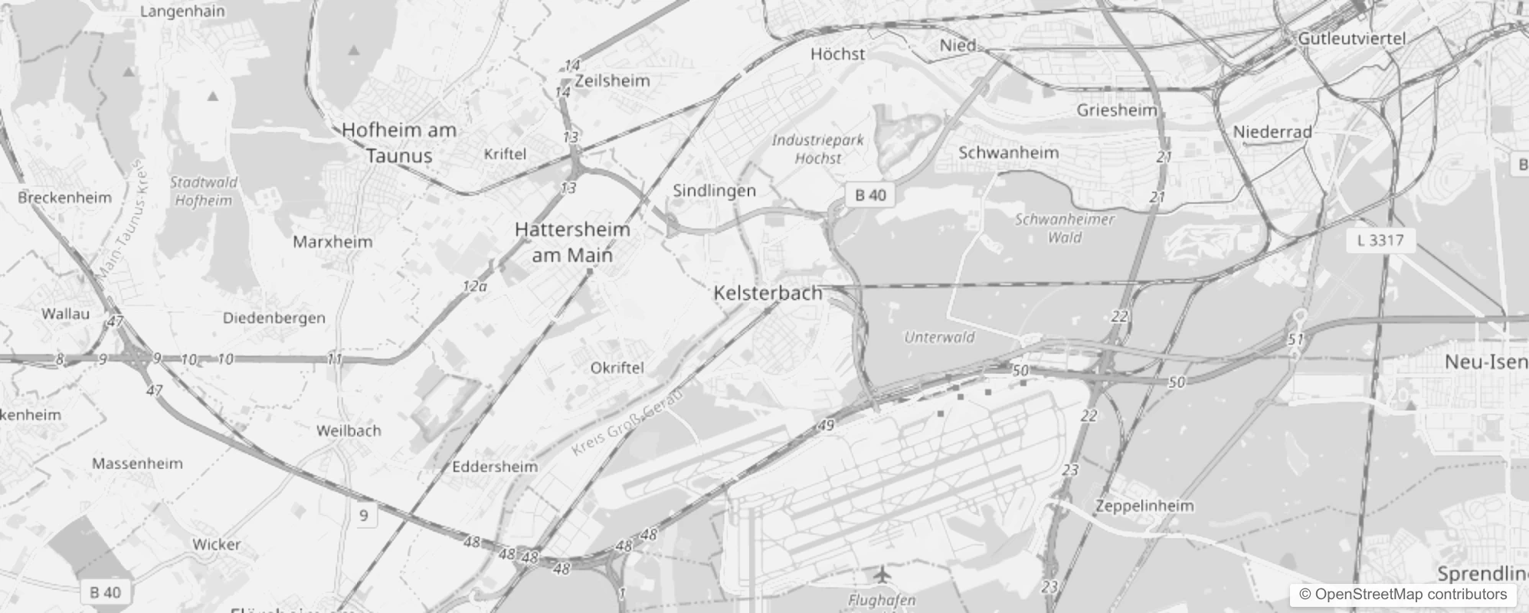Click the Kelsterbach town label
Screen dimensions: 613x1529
click(768, 293)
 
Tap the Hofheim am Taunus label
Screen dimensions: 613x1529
click(399, 143)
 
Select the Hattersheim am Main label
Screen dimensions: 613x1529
click(572, 242)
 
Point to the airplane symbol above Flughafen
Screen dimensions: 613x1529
click(883, 573)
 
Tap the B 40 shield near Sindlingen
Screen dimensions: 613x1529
click(870, 195)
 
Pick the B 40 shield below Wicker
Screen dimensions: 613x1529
click(105, 592)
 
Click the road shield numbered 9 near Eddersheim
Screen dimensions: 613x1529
click(364, 516)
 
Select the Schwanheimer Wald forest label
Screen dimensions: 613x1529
click(1065, 228)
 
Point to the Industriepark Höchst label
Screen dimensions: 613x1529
click(817, 149)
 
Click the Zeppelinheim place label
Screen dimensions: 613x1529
click(1144, 506)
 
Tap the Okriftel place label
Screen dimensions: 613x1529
click(617, 368)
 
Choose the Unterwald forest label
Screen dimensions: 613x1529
click(939, 337)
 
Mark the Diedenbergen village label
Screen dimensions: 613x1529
click(273, 318)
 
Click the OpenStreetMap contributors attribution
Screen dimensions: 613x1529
click(1403, 595)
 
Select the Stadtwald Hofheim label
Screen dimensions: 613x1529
click(204, 192)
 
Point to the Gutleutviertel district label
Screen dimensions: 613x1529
click(1352, 38)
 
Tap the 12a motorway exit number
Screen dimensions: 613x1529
click(475, 287)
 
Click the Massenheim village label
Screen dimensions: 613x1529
click(137, 464)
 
